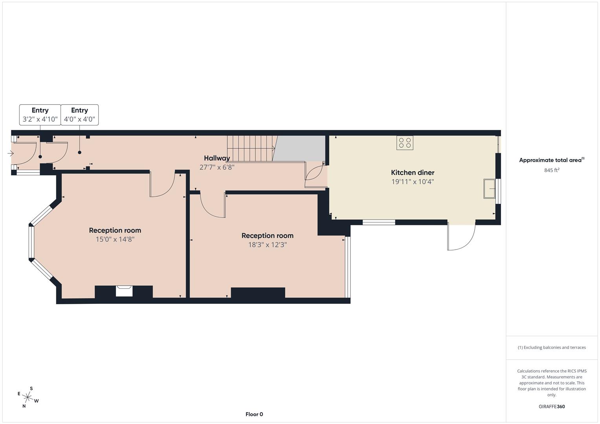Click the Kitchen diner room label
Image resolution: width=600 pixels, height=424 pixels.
click(413, 172)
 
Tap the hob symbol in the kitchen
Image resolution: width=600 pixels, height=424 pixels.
click(405, 143)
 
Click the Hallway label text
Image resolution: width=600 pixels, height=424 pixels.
click(217, 158)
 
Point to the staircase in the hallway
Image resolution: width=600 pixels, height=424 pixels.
click(250, 148)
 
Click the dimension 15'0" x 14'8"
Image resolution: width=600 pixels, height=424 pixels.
click(115, 239)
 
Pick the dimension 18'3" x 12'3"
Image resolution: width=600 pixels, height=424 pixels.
click(267, 245)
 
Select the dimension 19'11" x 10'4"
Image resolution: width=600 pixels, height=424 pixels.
click(413, 181)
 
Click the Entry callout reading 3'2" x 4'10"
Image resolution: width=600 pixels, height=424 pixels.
click(40, 115)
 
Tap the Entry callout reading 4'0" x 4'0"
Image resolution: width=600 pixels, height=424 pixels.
click(79, 115)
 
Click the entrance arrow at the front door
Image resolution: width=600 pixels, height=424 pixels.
click(11, 153)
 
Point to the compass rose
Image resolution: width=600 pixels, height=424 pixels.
click(28, 397)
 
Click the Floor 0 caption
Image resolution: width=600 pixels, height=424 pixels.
click(254, 414)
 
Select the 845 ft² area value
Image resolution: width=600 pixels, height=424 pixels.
click(552, 170)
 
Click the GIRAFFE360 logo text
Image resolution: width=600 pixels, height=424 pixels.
click(552, 406)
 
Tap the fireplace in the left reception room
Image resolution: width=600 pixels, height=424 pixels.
click(124, 291)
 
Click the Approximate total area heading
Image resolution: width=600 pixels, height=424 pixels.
click(552, 160)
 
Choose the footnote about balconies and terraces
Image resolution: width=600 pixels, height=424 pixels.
click(552, 347)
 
